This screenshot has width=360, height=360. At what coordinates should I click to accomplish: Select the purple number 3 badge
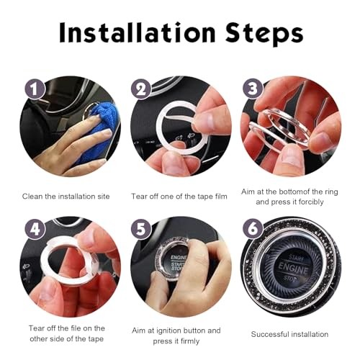tap(252, 90)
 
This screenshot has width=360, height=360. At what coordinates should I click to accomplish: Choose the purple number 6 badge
tap(252, 230)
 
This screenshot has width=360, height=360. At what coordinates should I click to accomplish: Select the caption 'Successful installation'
tap(289, 335)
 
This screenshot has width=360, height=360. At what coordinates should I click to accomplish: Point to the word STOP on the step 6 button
tap(292, 278)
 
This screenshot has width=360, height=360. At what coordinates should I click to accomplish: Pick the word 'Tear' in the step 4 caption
tap(37, 328)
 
